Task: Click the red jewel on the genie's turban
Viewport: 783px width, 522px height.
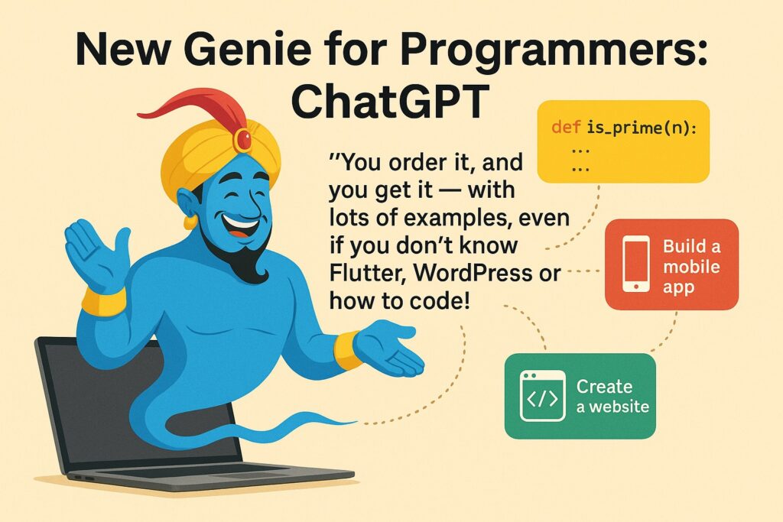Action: [244, 140]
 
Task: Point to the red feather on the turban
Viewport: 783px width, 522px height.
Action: [195, 108]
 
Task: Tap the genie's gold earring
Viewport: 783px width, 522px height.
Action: [190, 222]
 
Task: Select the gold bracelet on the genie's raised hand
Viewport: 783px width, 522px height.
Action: [104, 301]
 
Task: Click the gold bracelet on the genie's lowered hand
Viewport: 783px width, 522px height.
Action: [347, 350]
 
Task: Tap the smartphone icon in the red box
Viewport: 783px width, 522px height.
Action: [636, 264]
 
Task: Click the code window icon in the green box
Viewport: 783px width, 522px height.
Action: [542, 396]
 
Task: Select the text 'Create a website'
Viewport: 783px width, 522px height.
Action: [612, 396]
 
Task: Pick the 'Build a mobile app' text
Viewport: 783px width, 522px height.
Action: [691, 267]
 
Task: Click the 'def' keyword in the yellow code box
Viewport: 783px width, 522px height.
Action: [566, 128]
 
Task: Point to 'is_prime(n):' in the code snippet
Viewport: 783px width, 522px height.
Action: [642, 128]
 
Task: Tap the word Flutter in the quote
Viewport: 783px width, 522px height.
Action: [368, 274]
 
